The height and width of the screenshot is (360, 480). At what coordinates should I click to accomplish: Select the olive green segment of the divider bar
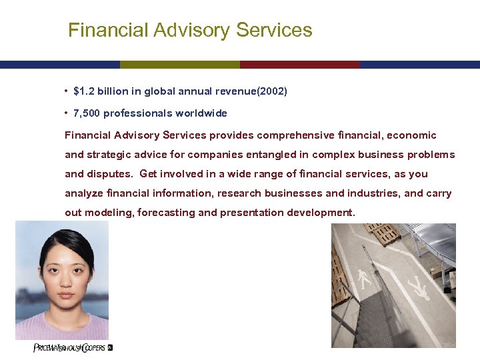click(179, 65)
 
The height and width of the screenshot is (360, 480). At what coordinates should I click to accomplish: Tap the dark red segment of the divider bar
click(299, 65)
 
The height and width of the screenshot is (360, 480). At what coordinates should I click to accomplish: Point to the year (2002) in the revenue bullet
click(268, 91)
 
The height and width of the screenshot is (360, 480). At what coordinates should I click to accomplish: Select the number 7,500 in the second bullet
click(87, 113)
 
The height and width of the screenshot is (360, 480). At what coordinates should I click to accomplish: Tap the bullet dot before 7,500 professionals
click(67, 113)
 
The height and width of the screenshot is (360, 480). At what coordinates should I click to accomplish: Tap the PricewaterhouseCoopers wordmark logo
click(69, 348)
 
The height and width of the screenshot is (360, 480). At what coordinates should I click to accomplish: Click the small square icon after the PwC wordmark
click(111, 347)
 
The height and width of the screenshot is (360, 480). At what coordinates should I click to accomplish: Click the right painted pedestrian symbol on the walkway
click(419, 291)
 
